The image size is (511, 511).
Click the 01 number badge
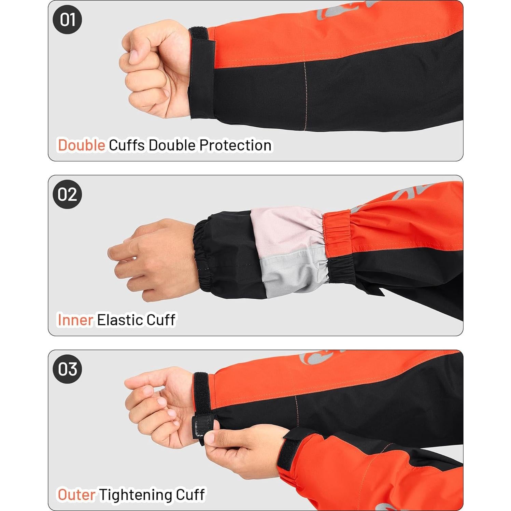coord(67,19)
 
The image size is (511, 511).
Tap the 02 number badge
coord(67,194)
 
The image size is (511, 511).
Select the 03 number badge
coord(67,369)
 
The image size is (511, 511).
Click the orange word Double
coord(81,145)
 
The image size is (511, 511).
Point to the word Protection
coord(235,145)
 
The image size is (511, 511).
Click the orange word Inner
coord(75,320)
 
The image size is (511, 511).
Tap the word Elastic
coord(120,320)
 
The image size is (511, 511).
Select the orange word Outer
coord(76,495)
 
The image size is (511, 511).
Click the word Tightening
coord(136,495)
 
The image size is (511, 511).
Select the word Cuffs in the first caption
coord(127,145)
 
